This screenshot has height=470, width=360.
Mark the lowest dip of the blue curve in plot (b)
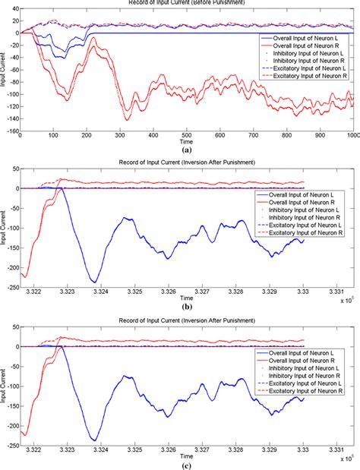[x=94, y=282]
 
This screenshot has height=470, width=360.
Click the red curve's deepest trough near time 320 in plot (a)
[x=127, y=119]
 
